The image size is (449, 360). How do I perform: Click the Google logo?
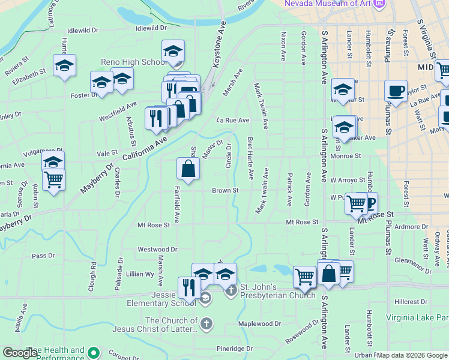pos(21,353)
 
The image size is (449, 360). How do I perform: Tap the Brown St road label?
pos(225,191)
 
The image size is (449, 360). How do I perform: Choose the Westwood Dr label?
pos(158,249)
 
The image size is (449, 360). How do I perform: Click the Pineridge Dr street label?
pos(235,349)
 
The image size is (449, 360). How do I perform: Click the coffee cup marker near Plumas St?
pos(396,91)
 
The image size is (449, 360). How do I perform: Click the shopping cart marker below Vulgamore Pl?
pos(53,179)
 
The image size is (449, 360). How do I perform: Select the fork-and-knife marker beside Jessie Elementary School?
pos(189,287)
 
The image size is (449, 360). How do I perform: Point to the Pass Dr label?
pos(43,256)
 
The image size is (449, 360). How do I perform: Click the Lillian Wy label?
pos(140,274)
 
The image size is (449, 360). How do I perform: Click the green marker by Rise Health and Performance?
pos(93,352)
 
